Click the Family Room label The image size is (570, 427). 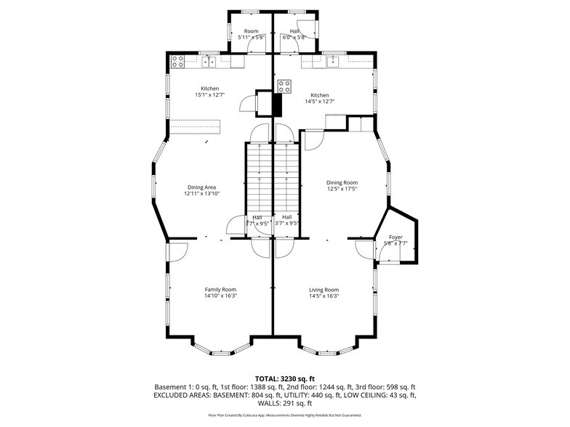(x=220, y=290)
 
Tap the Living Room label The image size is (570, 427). (x=324, y=290)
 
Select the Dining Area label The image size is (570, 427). (x=201, y=187)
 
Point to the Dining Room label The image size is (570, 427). (x=342, y=183)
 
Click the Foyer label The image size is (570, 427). (x=396, y=237)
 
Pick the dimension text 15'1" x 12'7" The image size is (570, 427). (x=209, y=94)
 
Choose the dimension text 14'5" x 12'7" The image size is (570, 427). (x=320, y=101)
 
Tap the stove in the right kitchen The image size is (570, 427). (x=283, y=86)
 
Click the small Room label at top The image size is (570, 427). (x=251, y=31)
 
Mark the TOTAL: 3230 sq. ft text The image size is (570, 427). (x=284, y=378)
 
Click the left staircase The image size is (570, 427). (x=257, y=178)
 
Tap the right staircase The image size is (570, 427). (x=286, y=178)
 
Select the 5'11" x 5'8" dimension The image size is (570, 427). (x=251, y=37)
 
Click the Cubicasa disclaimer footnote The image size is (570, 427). (x=284, y=415)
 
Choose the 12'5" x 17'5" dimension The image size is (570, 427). (x=342, y=189)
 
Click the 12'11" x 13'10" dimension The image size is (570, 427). (x=201, y=193)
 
